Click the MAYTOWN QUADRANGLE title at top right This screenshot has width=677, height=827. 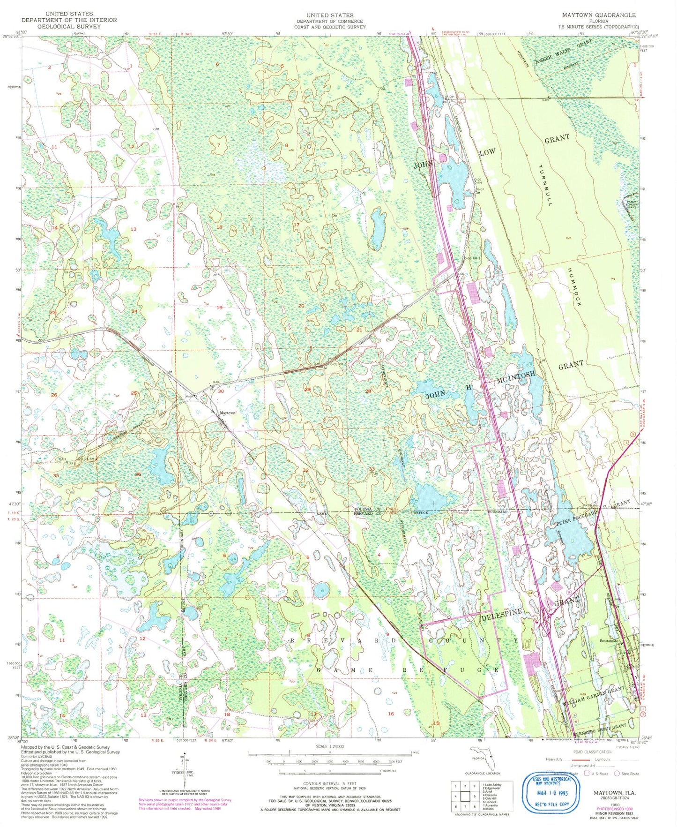[599, 15]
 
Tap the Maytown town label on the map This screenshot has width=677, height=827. [228, 413]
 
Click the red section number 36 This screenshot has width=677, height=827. [138, 474]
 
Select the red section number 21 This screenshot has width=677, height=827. [359, 330]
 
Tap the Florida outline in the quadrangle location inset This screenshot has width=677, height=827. [479, 757]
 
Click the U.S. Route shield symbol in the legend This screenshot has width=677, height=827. [588, 774]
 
